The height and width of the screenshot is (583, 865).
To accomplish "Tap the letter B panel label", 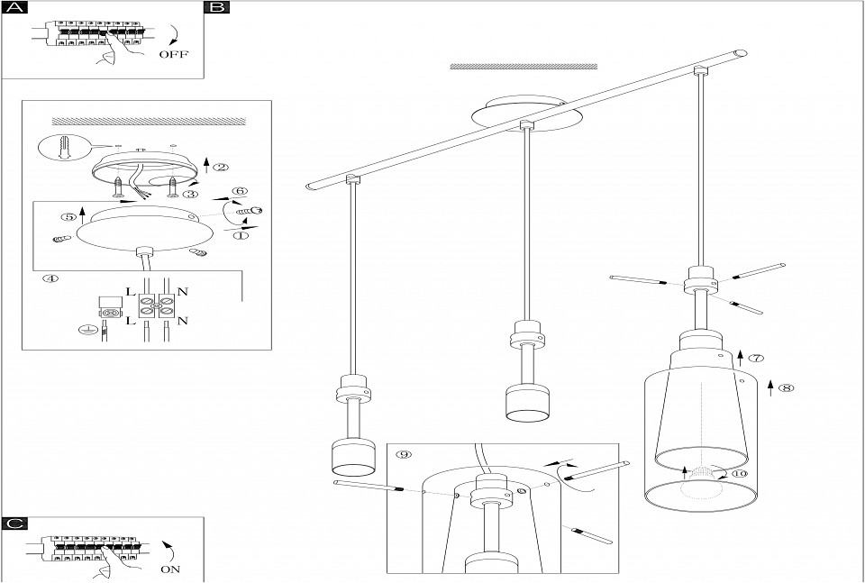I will click(x=217, y=9).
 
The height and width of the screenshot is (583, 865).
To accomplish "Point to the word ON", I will click(x=171, y=569).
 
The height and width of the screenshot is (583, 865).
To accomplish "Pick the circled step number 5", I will click(x=67, y=216).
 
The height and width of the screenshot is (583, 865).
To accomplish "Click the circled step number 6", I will click(x=240, y=191).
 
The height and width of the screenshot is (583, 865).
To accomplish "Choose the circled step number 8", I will click(x=786, y=388).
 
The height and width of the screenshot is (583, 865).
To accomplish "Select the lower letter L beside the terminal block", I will click(x=129, y=321).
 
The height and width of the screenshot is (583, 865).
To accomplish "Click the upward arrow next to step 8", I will click(x=770, y=388).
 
